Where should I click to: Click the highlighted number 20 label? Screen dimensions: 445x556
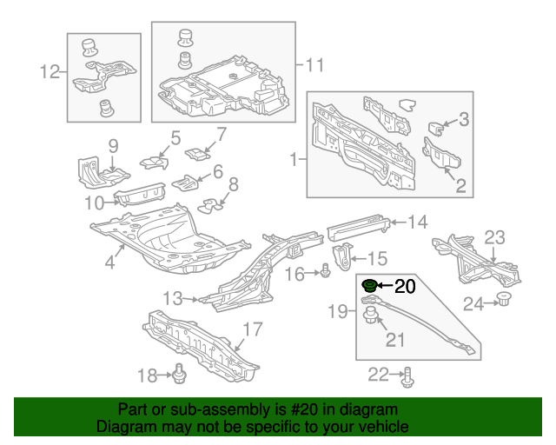pyautogui.click(x=406, y=285)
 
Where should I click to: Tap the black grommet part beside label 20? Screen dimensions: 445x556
pyautogui.click(x=368, y=284)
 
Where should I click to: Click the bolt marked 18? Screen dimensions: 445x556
pyautogui.click(x=181, y=375)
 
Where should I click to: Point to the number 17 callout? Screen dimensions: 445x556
pyautogui.click(x=251, y=330)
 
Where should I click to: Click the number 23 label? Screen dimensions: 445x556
pyautogui.click(x=493, y=237)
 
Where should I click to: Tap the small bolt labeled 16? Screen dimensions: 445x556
pyautogui.click(x=323, y=273)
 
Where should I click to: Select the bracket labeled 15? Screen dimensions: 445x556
pyautogui.click(x=345, y=257)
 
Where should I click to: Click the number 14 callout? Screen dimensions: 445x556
pyautogui.click(x=418, y=222)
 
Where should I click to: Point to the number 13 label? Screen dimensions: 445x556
pyautogui.click(x=173, y=299)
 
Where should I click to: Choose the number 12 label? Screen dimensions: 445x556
pyautogui.click(x=50, y=72)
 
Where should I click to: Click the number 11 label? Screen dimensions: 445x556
pyautogui.click(x=314, y=64)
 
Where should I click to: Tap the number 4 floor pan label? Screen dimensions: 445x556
pyautogui.click(x=111, y=261)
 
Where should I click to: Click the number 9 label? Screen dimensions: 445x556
pyautogui.click(x=112, y=144)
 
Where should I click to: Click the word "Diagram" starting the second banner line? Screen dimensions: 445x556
pyautogui.click(x=124, y=427)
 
